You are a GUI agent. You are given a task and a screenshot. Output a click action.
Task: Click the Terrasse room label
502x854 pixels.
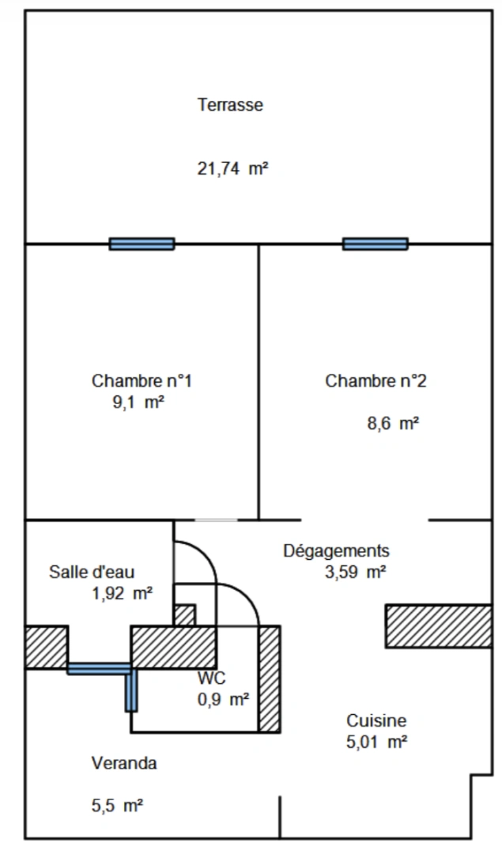click(x=230, y=104)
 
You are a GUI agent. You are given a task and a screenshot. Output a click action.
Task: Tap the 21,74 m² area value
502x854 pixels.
click(x=233, y=168)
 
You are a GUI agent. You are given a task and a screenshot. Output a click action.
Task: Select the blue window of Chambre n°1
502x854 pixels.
click(x=142, y=244)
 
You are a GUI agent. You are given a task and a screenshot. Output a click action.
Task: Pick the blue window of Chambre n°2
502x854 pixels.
click(x=376, y=244)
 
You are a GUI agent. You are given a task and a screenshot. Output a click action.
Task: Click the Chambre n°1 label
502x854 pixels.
click(x=142, y=380)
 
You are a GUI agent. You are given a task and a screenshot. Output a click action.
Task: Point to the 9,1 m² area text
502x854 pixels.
click(x=138, y=402)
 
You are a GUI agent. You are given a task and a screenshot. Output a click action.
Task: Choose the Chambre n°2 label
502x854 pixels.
click(x=376, y=380)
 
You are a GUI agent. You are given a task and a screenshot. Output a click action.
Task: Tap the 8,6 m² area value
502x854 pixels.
click(x=393, y=423)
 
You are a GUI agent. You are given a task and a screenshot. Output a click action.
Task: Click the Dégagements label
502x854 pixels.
click(x=337, y=550)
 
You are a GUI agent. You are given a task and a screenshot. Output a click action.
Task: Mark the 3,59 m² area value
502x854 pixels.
click(x=356, y=572)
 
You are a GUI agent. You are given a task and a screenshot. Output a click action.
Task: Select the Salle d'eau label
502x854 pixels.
click(x=92, y=572)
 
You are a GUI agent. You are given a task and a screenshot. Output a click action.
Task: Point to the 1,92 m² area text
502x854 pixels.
click(x=123, y=593)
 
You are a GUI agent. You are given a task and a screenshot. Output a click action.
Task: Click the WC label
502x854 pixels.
click(x=212, y=678)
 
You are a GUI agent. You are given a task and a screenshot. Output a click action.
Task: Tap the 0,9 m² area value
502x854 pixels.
click(x=224, y=699)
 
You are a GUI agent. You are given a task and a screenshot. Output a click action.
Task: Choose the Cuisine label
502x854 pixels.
click(x=376, y=720)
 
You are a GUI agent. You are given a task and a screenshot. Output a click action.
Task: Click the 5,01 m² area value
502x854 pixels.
click(x=377, y=742)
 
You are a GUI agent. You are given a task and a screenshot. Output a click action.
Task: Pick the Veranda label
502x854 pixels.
click(x=124, y=763)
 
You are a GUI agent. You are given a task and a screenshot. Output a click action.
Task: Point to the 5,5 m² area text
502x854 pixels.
click(x=118, y=806)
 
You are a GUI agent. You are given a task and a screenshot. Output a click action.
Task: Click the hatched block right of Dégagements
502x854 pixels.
click(x=439, y=625)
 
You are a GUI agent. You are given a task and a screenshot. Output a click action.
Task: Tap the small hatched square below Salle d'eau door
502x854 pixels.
click(x=184, y=615)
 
